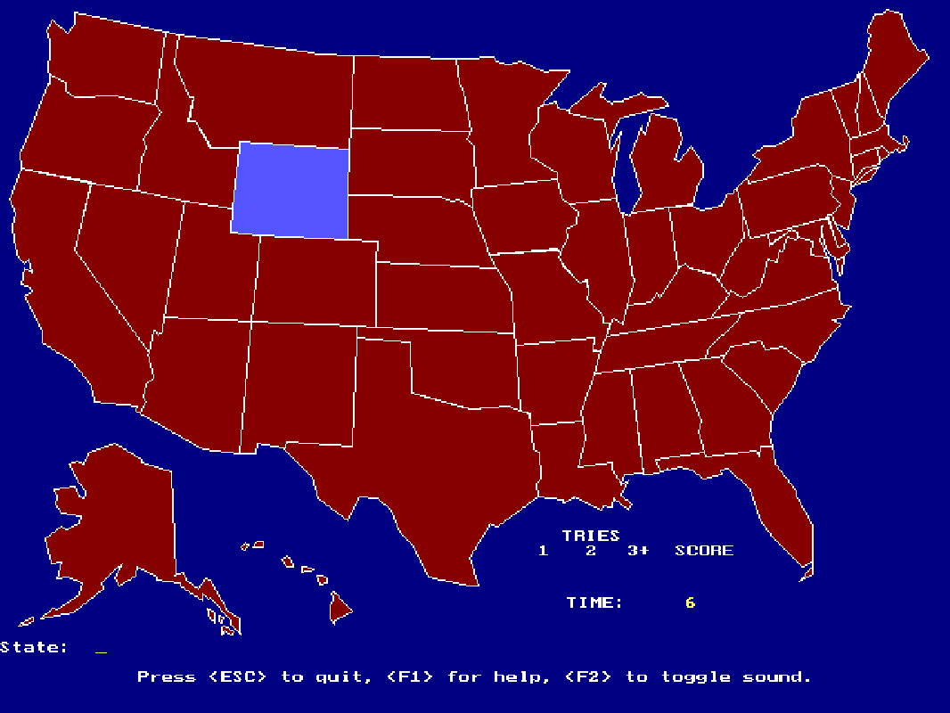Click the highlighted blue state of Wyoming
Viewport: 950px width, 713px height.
click(291, 190)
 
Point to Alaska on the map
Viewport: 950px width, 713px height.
click(116, 526)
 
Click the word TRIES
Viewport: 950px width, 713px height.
click(591, 535)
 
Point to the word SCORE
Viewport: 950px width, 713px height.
click(703, 550)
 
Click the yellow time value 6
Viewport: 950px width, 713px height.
click(690, 602)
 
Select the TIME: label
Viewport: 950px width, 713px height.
click(594, 602)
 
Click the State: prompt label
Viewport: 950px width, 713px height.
click(34, 647)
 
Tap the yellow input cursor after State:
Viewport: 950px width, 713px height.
click(101, 652)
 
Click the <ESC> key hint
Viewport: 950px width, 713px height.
click(238, 676)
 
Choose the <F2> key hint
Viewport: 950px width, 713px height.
click(588, 676)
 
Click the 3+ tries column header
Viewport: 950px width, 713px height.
click(638, 550)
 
